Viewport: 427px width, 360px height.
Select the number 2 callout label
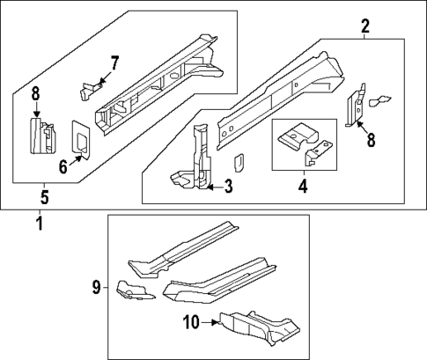coord(364,28)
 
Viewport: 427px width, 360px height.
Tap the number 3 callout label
coord(228,186)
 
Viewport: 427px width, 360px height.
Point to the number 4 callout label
coord(302,186)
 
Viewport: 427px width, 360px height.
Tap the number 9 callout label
coord(96,286)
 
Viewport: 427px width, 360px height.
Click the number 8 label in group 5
coord(36,95)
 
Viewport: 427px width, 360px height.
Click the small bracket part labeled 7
coord(89,87)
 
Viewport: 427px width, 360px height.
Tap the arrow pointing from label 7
coord(101,81)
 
